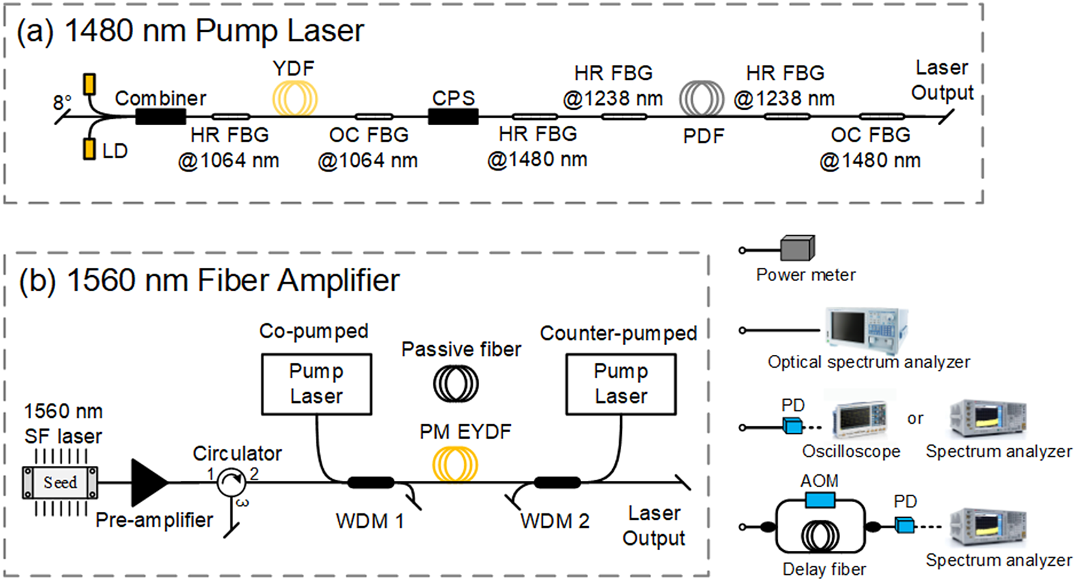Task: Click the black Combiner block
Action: pyautogui.click(x=160, y=117)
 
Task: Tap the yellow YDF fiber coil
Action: pyautogui.click(x=294, y=98)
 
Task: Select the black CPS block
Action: pyautogui.click(x=453, y=117)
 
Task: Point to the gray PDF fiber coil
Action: pyautogui.click(x=701, y=99)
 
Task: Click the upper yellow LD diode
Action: pyautogui.click(x=90, y=84)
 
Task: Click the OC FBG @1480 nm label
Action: pyautogui.click(x=870, y=148)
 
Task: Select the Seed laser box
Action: pyautogui.click(x=60, y=483)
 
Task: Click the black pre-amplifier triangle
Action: pyautogui.click(x=148, y=482)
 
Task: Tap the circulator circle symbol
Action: pyautogui.click(x=231, y=482)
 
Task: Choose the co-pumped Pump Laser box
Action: pyautogui.click(x=316, y=384)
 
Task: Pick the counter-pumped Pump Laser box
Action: pyautogui.click(x=621, y=384)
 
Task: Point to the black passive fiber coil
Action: pyautogui.click(x=456, y=383)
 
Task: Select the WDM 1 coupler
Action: pyautogui.click(x=371, y=482)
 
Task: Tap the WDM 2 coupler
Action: pyautogui.click(x=557, y=482)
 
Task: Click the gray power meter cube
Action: pyautogui.click(x=797, y=248)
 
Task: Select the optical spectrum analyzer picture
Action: pyautogui.click(x=866, y=329)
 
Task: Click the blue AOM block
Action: pyautogui.click(x=819, y=500)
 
